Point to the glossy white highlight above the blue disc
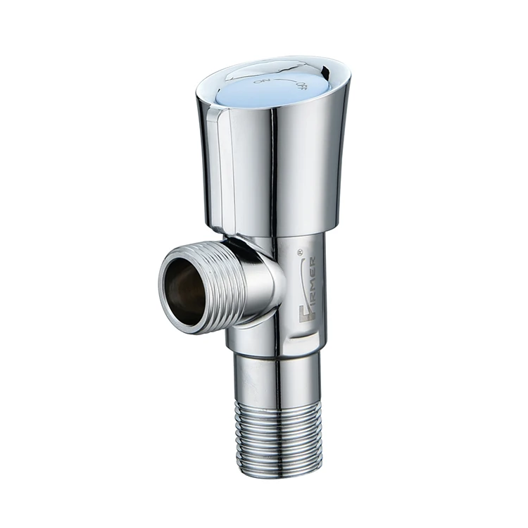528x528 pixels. pyautogui.click(x=268, y=65)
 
